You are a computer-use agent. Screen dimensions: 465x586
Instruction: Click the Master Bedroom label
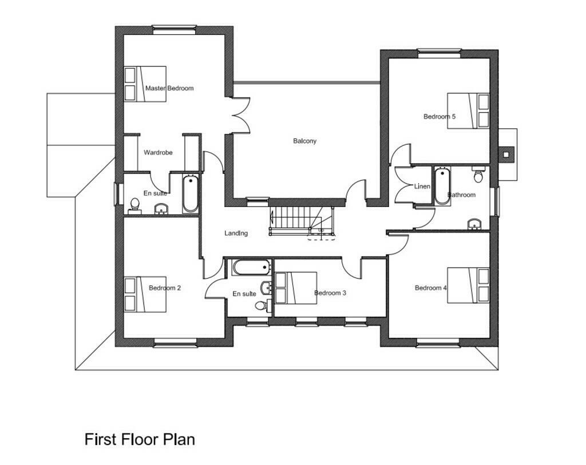169,88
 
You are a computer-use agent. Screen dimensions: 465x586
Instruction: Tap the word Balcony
304,141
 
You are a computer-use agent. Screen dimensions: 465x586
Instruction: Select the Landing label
236,233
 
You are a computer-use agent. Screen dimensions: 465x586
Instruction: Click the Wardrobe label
158,153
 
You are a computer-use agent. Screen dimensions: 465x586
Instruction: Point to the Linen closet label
422,186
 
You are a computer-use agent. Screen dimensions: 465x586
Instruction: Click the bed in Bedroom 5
468,111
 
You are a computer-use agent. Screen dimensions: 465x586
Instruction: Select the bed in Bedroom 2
145,295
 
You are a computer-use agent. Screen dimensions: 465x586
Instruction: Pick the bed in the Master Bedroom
145,84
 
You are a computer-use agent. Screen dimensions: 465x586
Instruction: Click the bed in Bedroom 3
295,288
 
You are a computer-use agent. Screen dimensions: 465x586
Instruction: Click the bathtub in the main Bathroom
441,186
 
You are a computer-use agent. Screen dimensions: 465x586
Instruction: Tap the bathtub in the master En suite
191,194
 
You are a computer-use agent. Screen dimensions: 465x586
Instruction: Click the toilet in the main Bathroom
478,175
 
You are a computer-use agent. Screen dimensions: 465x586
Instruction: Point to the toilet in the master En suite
135,204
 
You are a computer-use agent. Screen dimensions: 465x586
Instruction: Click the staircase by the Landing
292,220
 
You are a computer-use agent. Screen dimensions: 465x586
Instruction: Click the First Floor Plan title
140,439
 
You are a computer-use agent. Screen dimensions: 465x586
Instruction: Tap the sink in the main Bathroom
474,223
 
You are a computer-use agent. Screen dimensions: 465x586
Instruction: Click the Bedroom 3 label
330,293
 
